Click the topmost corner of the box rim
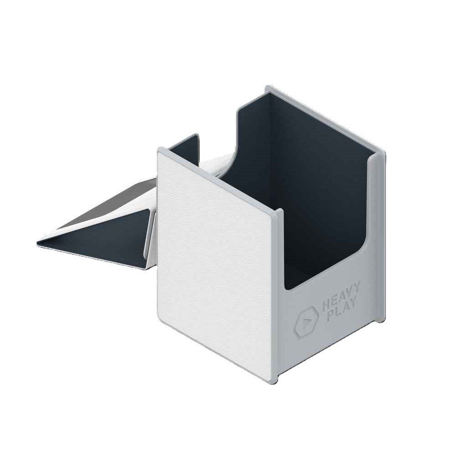coord(269,86)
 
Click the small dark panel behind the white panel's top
coord(182,146)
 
